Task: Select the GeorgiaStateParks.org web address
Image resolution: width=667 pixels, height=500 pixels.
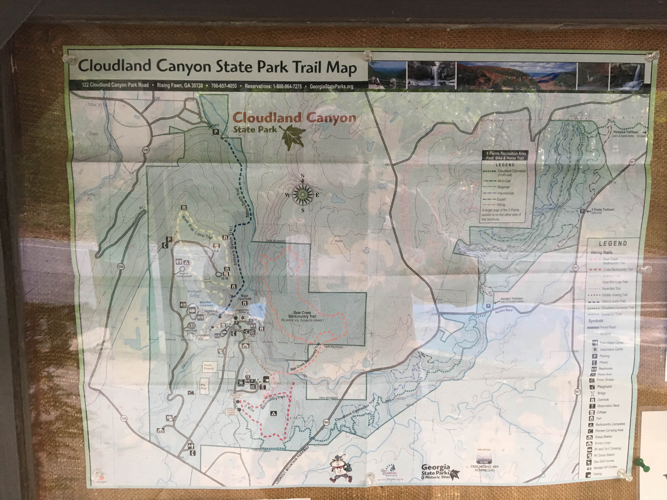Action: coord(331,86)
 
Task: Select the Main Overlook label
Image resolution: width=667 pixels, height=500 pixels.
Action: coord(244,297)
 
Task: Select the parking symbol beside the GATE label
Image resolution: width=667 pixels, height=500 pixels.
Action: coord(216,132)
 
